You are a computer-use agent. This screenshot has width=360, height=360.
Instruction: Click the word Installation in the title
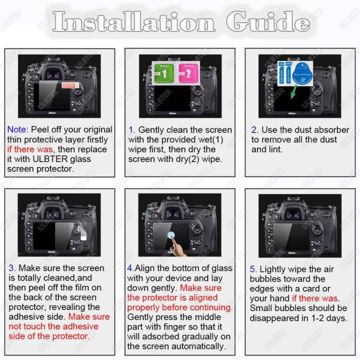point(134,22)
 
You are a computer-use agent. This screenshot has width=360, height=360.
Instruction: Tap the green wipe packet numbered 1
point(163,74)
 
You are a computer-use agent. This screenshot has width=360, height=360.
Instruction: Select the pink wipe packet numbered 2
point(187,74)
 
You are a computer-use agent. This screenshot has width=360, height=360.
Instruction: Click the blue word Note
point(17,130)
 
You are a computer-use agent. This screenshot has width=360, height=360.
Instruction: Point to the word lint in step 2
point(274,149)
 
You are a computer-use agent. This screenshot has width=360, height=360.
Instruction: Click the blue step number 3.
point(12,268)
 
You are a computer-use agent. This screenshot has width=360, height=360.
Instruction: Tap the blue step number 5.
point(253,269)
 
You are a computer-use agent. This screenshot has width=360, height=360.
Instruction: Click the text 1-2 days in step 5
point(328,318)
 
